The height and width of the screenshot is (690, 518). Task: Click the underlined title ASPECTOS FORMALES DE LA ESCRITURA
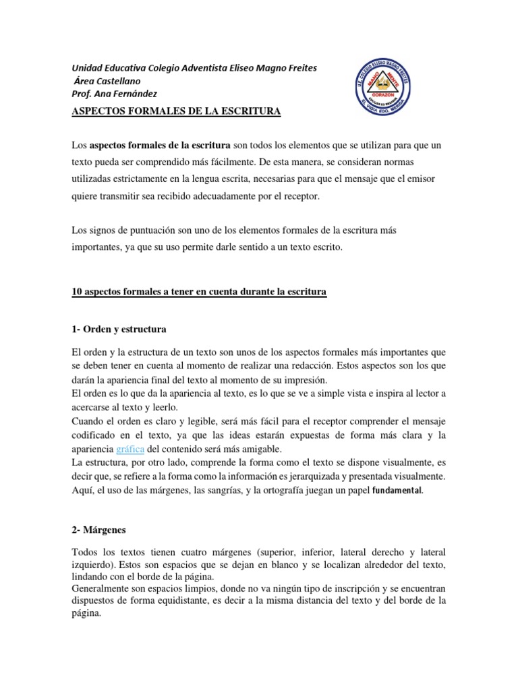(x=176, y=111)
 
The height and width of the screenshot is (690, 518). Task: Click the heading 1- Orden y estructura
(x=119, y=330)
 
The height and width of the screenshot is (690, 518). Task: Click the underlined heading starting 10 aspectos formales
(x=199, y=292)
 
